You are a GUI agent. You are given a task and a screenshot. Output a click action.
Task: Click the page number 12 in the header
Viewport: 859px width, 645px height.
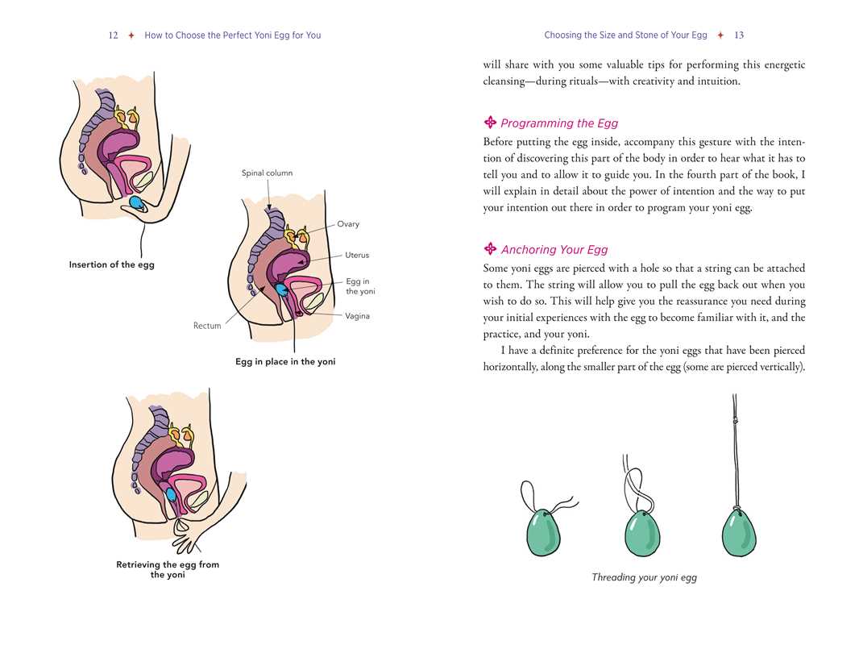113,35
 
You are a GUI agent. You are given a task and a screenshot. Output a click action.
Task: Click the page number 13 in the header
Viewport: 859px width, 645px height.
738,35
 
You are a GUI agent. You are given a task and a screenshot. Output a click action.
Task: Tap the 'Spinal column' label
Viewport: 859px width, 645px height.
267,173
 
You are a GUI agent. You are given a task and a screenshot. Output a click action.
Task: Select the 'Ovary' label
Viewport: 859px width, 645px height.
348,223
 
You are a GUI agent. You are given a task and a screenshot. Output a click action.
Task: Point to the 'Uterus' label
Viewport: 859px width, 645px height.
357,255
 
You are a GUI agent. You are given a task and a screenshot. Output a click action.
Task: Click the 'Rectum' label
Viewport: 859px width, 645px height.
207,326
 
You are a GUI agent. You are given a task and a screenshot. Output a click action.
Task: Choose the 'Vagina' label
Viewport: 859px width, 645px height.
357,316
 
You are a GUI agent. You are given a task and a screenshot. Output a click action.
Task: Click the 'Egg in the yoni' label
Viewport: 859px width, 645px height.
360,286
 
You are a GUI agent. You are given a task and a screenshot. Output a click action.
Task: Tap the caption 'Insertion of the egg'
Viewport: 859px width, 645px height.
112,264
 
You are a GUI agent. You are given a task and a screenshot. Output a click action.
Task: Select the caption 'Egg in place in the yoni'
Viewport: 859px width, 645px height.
285,362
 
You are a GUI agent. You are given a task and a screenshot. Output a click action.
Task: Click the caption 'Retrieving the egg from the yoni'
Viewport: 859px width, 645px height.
168,569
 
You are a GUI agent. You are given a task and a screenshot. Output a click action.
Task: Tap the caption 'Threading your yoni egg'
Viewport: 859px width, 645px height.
645,577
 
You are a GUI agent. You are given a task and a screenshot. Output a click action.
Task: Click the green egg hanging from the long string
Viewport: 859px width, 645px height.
738,531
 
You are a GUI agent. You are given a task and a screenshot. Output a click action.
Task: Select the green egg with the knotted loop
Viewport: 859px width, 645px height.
642,533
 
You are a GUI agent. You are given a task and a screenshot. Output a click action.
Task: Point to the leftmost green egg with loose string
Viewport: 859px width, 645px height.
544,532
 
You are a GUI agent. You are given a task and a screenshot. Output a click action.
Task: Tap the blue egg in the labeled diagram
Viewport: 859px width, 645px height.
281,289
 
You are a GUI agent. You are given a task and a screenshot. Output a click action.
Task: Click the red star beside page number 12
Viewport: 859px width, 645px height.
131,35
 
